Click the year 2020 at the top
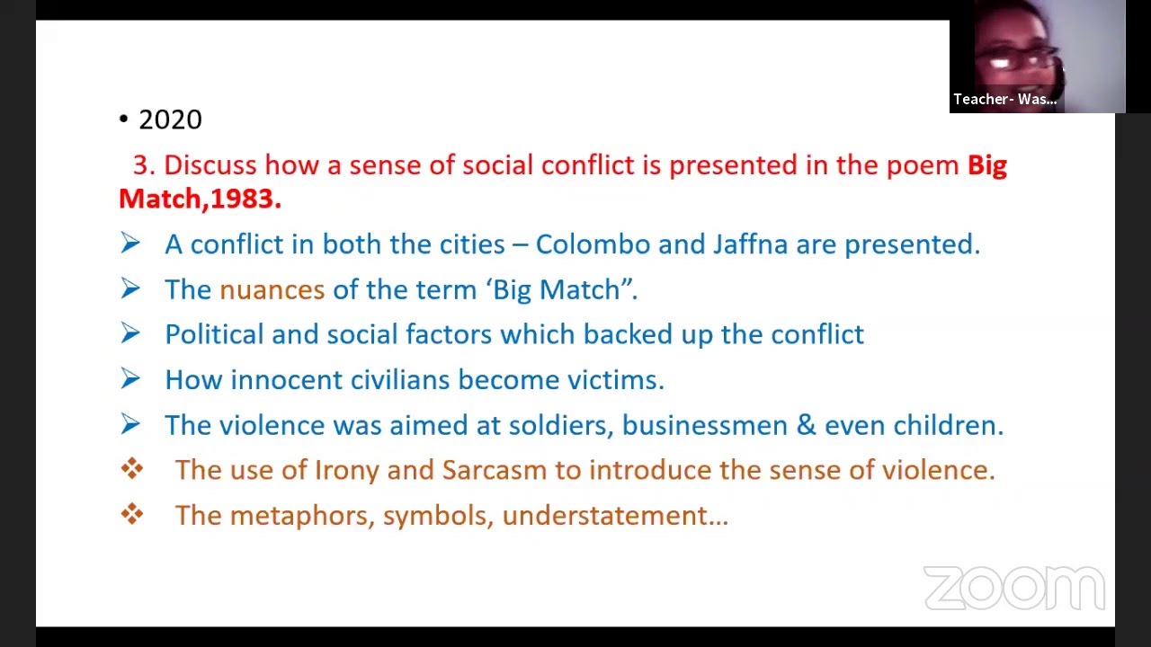170,120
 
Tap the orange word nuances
272,289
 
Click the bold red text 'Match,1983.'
200,199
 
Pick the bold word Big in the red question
986,165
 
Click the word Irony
346,470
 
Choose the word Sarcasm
494,470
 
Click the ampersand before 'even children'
806,425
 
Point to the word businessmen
704,425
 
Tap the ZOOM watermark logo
1013,589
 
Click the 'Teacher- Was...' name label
1004,100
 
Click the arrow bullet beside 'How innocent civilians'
130,379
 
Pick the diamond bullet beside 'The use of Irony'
132,469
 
